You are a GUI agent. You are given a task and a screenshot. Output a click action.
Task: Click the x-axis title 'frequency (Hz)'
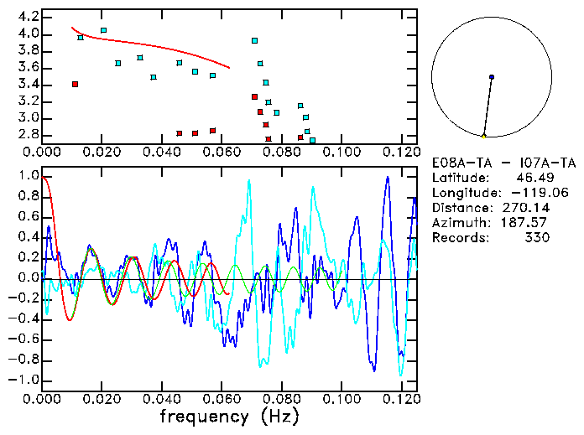click(x=228, y=417)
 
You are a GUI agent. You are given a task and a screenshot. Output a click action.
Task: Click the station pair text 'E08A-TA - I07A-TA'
click(x=503, y=163)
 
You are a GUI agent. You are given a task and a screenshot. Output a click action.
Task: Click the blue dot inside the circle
click(x=492, y=77)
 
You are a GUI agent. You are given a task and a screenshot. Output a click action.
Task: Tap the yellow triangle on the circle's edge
click(x=484, y=136)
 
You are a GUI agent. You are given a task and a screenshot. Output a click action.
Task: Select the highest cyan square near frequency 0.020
click(x=103, y=30)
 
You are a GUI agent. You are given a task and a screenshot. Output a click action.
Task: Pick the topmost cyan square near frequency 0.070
click(x=254, y=40)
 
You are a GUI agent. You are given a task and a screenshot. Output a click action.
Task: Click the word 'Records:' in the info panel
click(x=457, y=238)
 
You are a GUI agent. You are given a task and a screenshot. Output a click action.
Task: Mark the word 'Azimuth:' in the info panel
click(x=457, y=223)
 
